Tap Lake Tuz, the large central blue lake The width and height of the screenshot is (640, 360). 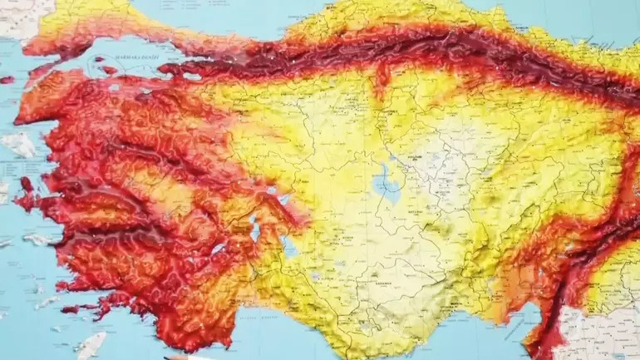[384, 184]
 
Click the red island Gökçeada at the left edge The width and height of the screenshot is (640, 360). [6, 80]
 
